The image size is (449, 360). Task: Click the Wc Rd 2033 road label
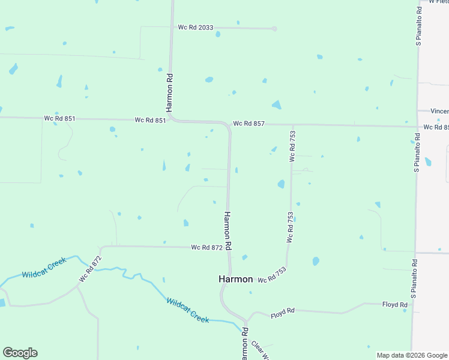point(195,28)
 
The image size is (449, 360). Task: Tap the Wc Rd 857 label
point(249,124)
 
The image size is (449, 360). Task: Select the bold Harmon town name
point(235,280)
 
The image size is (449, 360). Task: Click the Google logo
point(20,353)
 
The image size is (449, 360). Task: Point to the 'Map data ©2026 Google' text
point(411,355)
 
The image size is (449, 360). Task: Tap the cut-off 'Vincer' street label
point(440,111)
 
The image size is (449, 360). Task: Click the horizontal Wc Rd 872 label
point(206,247)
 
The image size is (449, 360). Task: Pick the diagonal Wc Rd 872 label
point(90,269)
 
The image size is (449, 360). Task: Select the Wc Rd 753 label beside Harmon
point(271,275)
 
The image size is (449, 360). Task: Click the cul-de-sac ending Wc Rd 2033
point(274,28)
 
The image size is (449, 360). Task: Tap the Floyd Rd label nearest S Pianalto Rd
point(394,305)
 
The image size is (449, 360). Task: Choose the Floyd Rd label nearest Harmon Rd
point(282,313)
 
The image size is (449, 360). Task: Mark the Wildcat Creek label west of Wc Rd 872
point(43,271)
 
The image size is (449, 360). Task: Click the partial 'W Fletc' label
point(438,2)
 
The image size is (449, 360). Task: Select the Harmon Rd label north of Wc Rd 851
point(170,93)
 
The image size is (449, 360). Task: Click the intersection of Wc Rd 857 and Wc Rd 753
point(292,125)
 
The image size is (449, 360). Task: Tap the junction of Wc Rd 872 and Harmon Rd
point(229,247)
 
